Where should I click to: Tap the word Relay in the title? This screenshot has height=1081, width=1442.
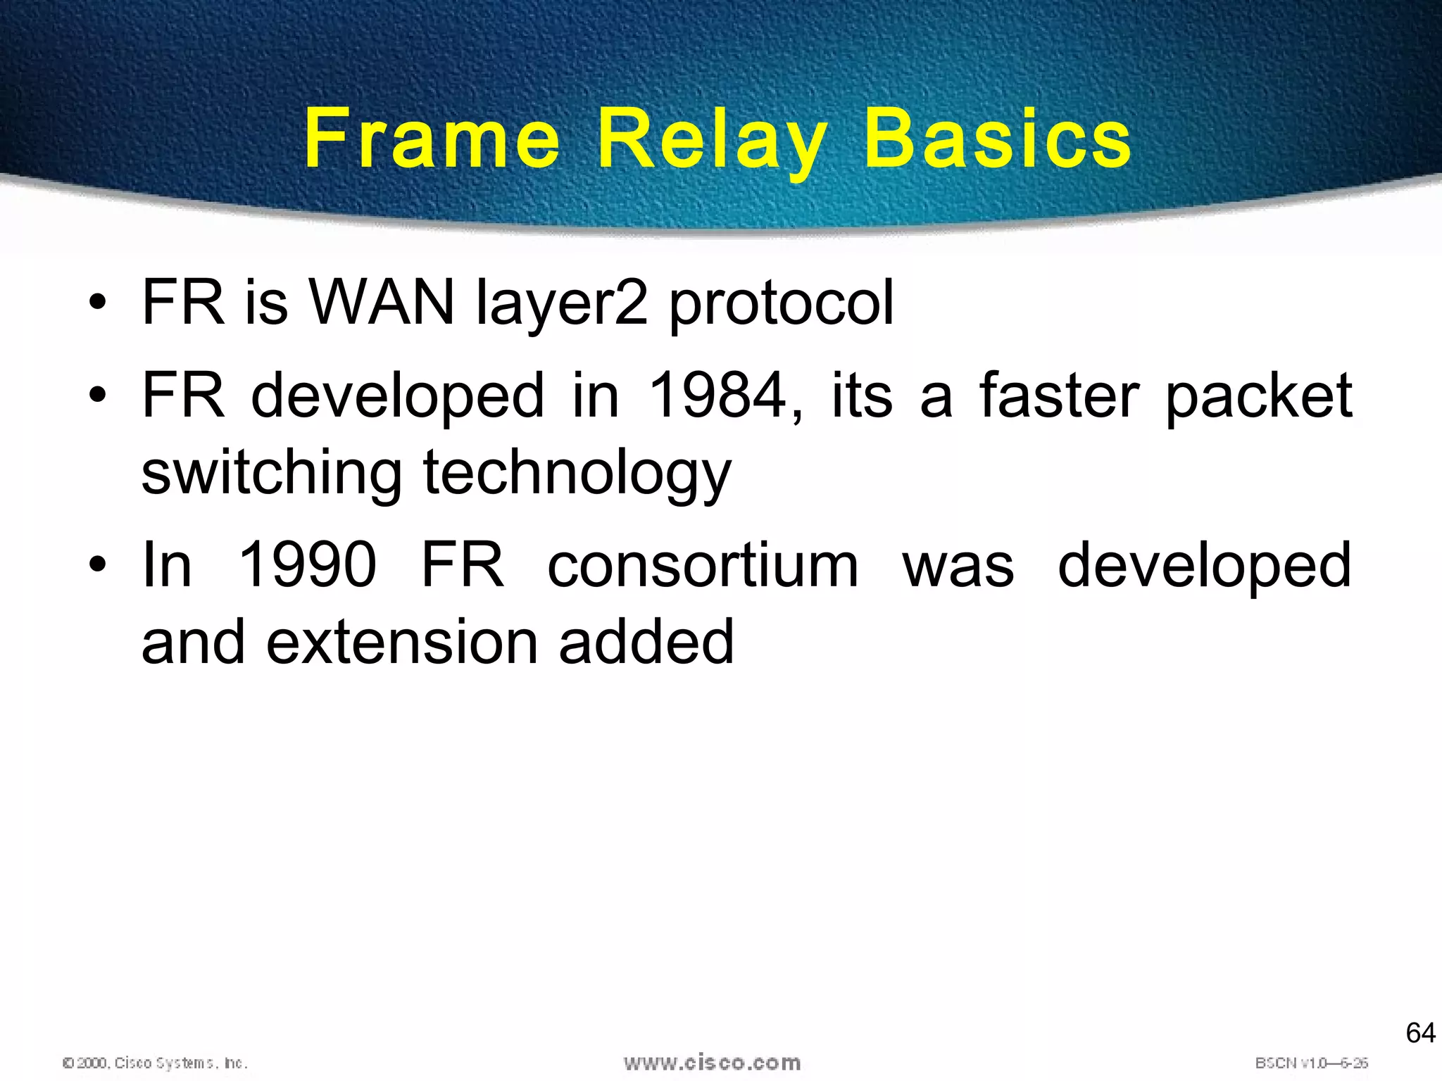click(x=712, y=141)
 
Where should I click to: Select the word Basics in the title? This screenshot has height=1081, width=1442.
click(x=997, y=139)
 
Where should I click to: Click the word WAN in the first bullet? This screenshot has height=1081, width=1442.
click(x=382, y=303)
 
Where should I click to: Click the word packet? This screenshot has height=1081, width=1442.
click(x=1259, y=396)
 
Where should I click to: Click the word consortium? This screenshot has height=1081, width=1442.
click(x=703, y=565)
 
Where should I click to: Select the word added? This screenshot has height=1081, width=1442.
click(x=646, y=642)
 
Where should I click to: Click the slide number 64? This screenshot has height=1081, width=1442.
click(x=1420, y=1033)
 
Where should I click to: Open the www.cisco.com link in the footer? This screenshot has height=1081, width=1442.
click(x=712, y=1062)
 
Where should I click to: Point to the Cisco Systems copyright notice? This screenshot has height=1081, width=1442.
click(x=155, y=1063)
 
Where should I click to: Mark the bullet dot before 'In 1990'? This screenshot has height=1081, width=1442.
click(x=98, y=566)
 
